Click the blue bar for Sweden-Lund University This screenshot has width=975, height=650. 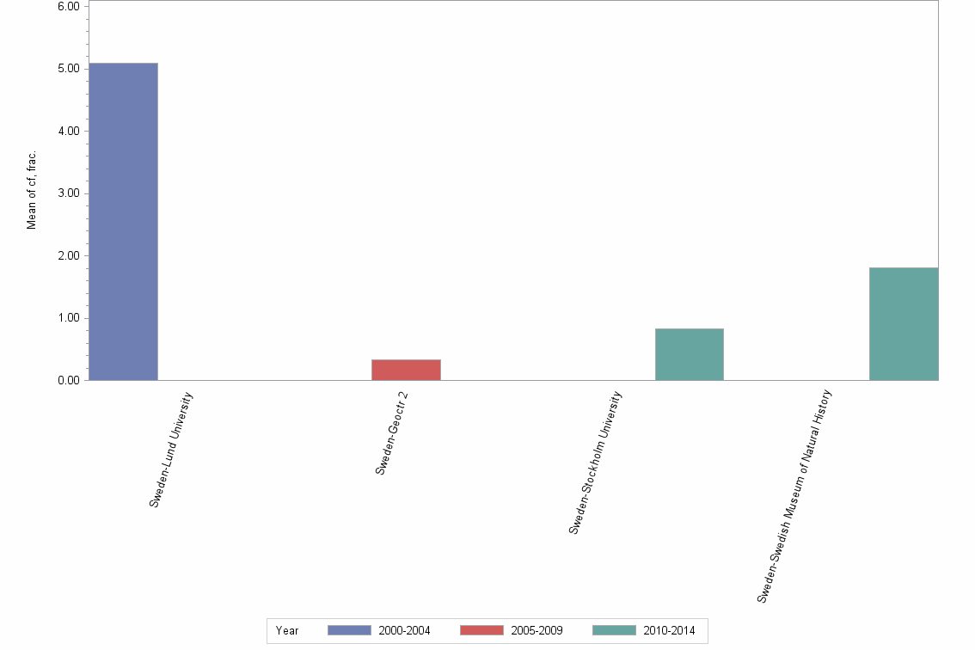[x=124, y=221]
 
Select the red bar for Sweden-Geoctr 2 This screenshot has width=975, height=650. [x=406, y=370]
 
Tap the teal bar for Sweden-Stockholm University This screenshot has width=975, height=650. [x=689, y=354]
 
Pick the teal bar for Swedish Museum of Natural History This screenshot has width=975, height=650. [x=904, y=323]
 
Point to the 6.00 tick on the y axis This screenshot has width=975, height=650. [x=67, y=6]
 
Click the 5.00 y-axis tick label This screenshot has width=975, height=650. [x=67, y=69]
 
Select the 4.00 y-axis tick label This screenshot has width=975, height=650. [x=67, y=131]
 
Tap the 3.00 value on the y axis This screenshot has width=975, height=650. [x=67, y=193]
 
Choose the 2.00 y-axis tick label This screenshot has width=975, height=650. [x=67, y=255]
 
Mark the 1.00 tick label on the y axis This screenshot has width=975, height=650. [x=67, y=318]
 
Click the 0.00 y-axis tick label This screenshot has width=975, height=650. [x=67, y=380]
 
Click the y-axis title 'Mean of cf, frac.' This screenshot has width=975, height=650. [x=32, y=190]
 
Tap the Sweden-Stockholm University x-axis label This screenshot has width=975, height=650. [x=595, y=462]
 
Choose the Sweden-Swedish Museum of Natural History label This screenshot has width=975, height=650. [x=795, y=495]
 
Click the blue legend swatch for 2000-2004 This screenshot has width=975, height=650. [x=349, y=630]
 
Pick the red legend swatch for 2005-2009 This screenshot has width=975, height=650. [x=481, y=630]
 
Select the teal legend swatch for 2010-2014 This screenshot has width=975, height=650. [x=614, y=630]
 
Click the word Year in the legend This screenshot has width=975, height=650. [x=287, y=631]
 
